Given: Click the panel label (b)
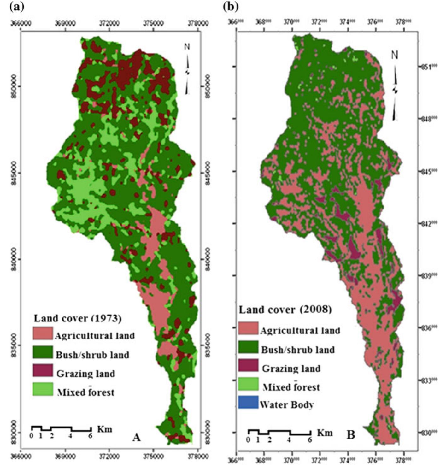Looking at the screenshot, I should [231, 7].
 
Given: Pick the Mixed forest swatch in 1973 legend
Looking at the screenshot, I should [43, 389].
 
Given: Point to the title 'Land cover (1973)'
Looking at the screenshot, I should [78, 318].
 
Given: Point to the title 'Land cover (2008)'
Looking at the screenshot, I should [285, 310].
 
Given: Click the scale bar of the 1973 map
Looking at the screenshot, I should [61, 429].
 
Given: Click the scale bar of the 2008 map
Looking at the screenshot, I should [279, 432].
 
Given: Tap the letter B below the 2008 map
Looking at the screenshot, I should [351, 435].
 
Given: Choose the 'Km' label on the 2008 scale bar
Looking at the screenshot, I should [325, 432].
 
